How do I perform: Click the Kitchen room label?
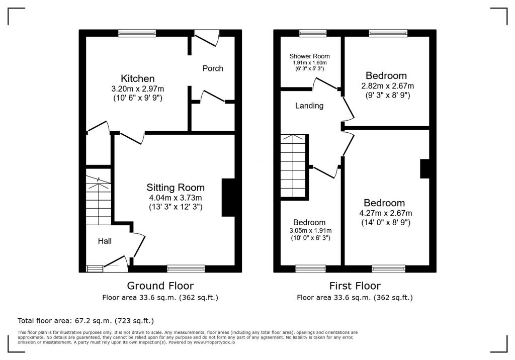click(137, 78)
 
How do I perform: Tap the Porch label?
click(213, 68)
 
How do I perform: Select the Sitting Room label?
click(176, 188)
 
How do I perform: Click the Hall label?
click(105, 241)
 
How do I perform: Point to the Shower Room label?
click(309, 56)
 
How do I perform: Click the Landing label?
click(309, 106)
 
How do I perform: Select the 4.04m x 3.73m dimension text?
click(176, 197)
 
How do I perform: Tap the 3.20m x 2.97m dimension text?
click(137, 88)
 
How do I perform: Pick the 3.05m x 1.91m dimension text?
click(309, 230)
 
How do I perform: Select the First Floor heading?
click(355, 286)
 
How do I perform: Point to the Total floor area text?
click(85, 320)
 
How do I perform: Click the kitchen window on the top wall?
click(137, 33)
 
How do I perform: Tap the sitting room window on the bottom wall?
click(186, 268)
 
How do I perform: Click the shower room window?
click(312, 33)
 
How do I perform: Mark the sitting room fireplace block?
click(228, 198)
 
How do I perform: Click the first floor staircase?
click(293, 166)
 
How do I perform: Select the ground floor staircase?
click(98, 198)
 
